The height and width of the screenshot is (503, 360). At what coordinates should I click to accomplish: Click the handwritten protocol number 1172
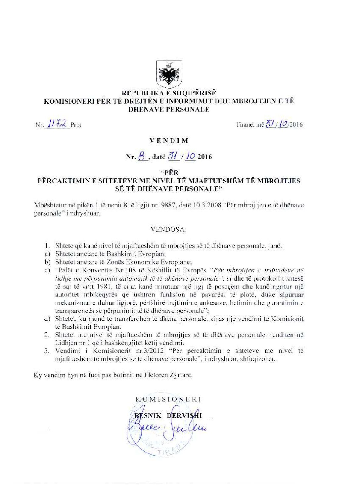[x=58, y=124]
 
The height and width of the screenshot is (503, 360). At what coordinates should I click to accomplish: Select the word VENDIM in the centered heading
[x=169, y=140]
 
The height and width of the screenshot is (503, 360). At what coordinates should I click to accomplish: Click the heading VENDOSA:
[x=169, y=229]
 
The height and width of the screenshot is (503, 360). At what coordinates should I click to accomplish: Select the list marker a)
[x=47, y=254]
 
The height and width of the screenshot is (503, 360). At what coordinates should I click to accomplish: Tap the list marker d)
[x=47, y=319]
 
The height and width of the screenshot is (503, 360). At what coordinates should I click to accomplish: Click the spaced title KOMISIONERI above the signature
[x=168, y=399]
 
